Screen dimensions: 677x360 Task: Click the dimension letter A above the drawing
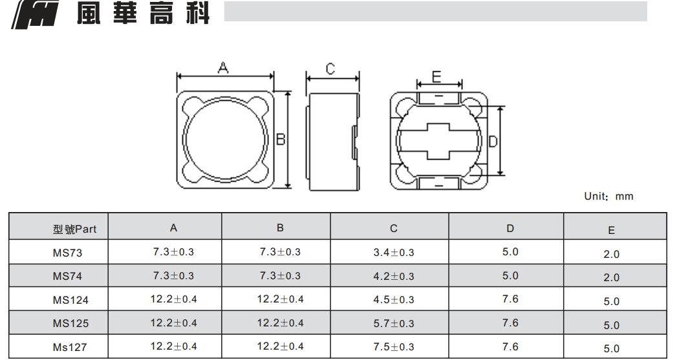click(x=223, y=67)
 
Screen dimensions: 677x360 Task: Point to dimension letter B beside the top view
click(x=281, y=139)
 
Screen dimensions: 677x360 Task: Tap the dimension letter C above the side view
click(x=330, y=69)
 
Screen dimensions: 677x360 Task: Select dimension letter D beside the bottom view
click(x=493, y=141)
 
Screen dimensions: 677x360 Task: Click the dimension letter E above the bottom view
click(x=436, y=77)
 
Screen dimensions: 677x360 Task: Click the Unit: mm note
click(x=608, y=196)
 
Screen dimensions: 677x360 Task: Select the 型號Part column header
click(x=75, y=229)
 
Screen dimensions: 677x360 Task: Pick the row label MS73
click(x=67, y=253)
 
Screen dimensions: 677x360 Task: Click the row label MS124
click(x=70, y=299)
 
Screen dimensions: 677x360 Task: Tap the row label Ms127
click(x=70, y=347)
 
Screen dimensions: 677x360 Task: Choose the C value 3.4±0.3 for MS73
click(x=393, y=252)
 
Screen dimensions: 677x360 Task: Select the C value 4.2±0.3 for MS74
click(x=393, y=276)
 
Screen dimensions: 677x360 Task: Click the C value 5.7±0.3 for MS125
click(x=393, y=323)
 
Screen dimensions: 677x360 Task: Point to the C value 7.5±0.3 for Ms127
click(x=393, y=346)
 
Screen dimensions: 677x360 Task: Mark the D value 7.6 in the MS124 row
click(x=510, y=299)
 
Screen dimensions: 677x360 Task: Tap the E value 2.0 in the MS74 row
click(x=612, y=277)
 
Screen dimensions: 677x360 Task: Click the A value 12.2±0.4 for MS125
click(x=173, y=323)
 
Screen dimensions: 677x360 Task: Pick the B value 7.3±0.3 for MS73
click(x=280, y=251)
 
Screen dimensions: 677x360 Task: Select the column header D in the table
click(x=510, y=228)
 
